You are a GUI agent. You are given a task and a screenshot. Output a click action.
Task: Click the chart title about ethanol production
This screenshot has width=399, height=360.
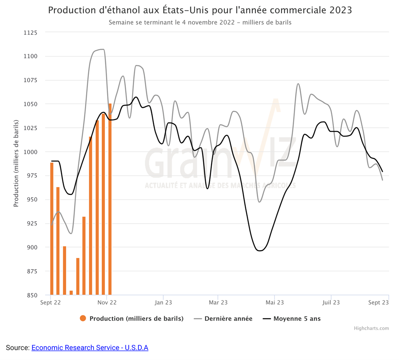click(x=200, y=10)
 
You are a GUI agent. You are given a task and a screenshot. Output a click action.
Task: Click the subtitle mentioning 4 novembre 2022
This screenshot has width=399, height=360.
click(x=200, y=22)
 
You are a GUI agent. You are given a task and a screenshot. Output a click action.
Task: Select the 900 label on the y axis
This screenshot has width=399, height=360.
click(x=32, y=247)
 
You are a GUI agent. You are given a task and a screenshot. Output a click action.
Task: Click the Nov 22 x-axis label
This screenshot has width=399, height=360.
click(x=107, y=302)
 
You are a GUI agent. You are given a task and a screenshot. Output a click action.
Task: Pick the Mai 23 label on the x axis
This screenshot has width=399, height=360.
click(x=274, y=302)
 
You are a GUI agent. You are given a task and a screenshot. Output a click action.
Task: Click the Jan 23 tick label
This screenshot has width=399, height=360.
click(x=163, y=302)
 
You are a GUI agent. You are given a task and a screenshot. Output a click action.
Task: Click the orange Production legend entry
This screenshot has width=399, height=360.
click(x=132, y=318)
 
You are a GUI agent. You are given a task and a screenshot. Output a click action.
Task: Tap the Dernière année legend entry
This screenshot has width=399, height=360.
click(x=223, y=318)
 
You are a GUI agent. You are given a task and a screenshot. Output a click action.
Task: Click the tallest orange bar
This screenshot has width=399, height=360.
click(x=110, y=199)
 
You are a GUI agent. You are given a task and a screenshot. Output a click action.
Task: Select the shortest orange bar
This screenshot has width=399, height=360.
click(x=71, y=293)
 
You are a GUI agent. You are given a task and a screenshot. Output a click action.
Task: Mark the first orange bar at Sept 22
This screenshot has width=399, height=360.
click(x=52, y=229)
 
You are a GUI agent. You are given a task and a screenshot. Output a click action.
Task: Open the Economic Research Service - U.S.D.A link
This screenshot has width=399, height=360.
click(x=90, y=348)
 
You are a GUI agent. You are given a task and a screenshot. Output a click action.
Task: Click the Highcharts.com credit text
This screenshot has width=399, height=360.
click(x=371, y=328)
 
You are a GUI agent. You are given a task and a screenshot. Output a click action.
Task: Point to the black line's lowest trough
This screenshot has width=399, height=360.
click(x=260, y=251)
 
